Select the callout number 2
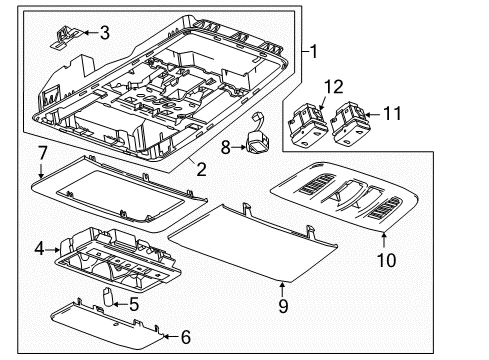[201, 169]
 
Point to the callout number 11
[392, 115]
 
